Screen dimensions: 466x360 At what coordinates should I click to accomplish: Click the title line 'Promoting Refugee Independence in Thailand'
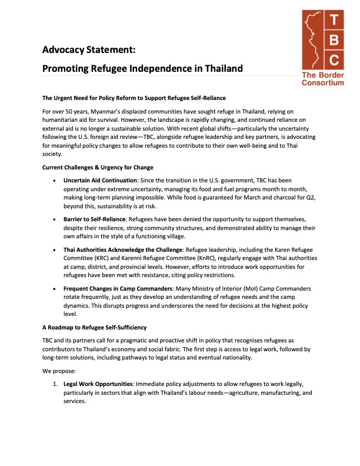(142, 68)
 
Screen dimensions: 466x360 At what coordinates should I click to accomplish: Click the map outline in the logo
(313, 40)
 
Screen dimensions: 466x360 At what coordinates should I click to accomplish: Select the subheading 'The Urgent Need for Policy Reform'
(134, 97)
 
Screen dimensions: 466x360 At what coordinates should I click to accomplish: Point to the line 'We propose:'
(59, 372)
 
